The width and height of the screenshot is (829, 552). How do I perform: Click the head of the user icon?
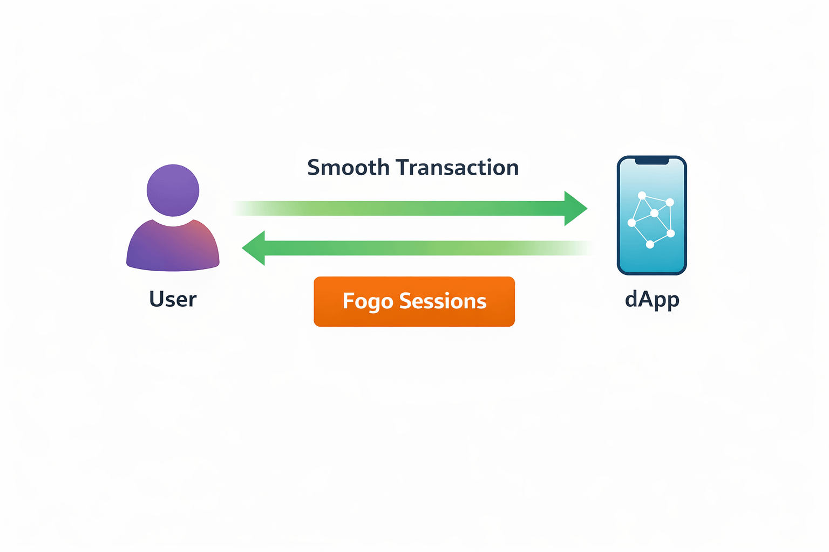point(173,190)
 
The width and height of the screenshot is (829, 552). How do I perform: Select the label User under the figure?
point(173,299)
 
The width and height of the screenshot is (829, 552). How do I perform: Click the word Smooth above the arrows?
point(348,168)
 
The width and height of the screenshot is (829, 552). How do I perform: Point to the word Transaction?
point(457,168)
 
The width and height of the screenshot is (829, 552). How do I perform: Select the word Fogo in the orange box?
point(368,301)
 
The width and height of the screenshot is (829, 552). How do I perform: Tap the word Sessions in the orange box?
point(443,301)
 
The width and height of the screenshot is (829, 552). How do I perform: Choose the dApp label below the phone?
point(652,299)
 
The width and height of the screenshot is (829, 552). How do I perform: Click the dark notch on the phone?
point(652,161)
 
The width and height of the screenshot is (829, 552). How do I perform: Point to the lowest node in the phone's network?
point(650,244)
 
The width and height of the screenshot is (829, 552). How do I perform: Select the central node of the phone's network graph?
point(654,213)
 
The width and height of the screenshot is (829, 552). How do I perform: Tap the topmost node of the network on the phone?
point(642,195)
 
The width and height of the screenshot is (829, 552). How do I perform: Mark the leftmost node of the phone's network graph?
point(631,223)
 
